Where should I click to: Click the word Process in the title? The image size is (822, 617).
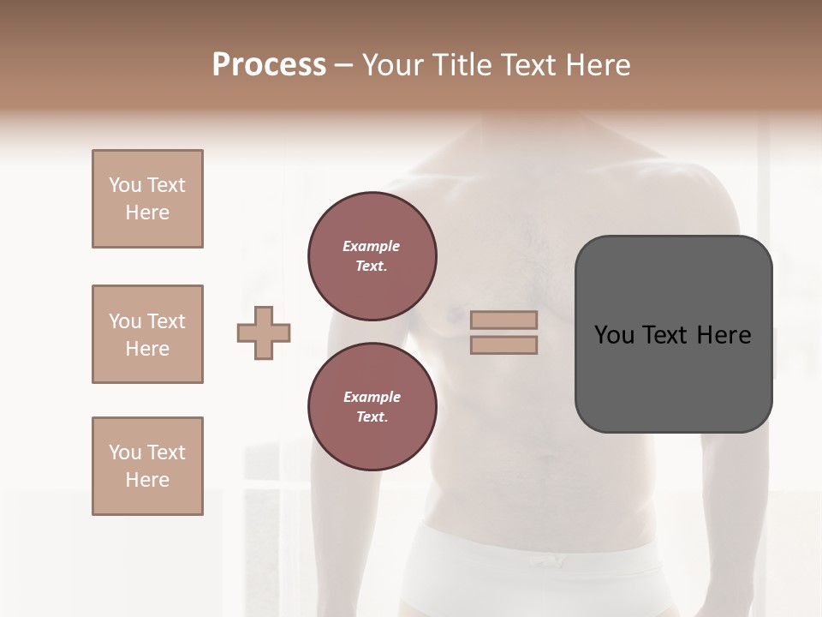coord(269,65)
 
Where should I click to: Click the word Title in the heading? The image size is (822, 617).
coord(460,65)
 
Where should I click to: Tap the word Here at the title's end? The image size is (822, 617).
coord(597,65)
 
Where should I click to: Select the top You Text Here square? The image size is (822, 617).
coord(147,199)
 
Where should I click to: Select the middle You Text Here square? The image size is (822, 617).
coord(147,334)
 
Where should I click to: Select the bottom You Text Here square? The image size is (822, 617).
coord(147,466)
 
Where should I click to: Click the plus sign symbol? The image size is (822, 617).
coord(264,332)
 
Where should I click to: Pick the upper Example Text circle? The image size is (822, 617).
coord(372,256)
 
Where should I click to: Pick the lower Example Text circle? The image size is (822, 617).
coord(372,406)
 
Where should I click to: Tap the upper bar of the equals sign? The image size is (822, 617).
coord(503,320)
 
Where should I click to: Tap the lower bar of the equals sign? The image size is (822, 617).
coord(503,344)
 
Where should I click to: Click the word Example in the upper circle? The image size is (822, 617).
coord(371,246)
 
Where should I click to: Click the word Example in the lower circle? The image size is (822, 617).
coord(372,397)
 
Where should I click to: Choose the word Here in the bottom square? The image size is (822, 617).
coord(147,480)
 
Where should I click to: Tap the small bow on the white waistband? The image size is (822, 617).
coord(545,561)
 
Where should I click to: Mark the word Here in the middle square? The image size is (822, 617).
coord(147,349)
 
